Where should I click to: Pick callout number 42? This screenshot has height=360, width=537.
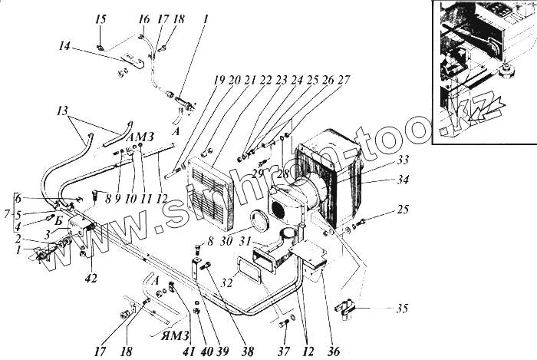click(91, 279)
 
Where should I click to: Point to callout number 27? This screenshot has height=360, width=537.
click(344, 79)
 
